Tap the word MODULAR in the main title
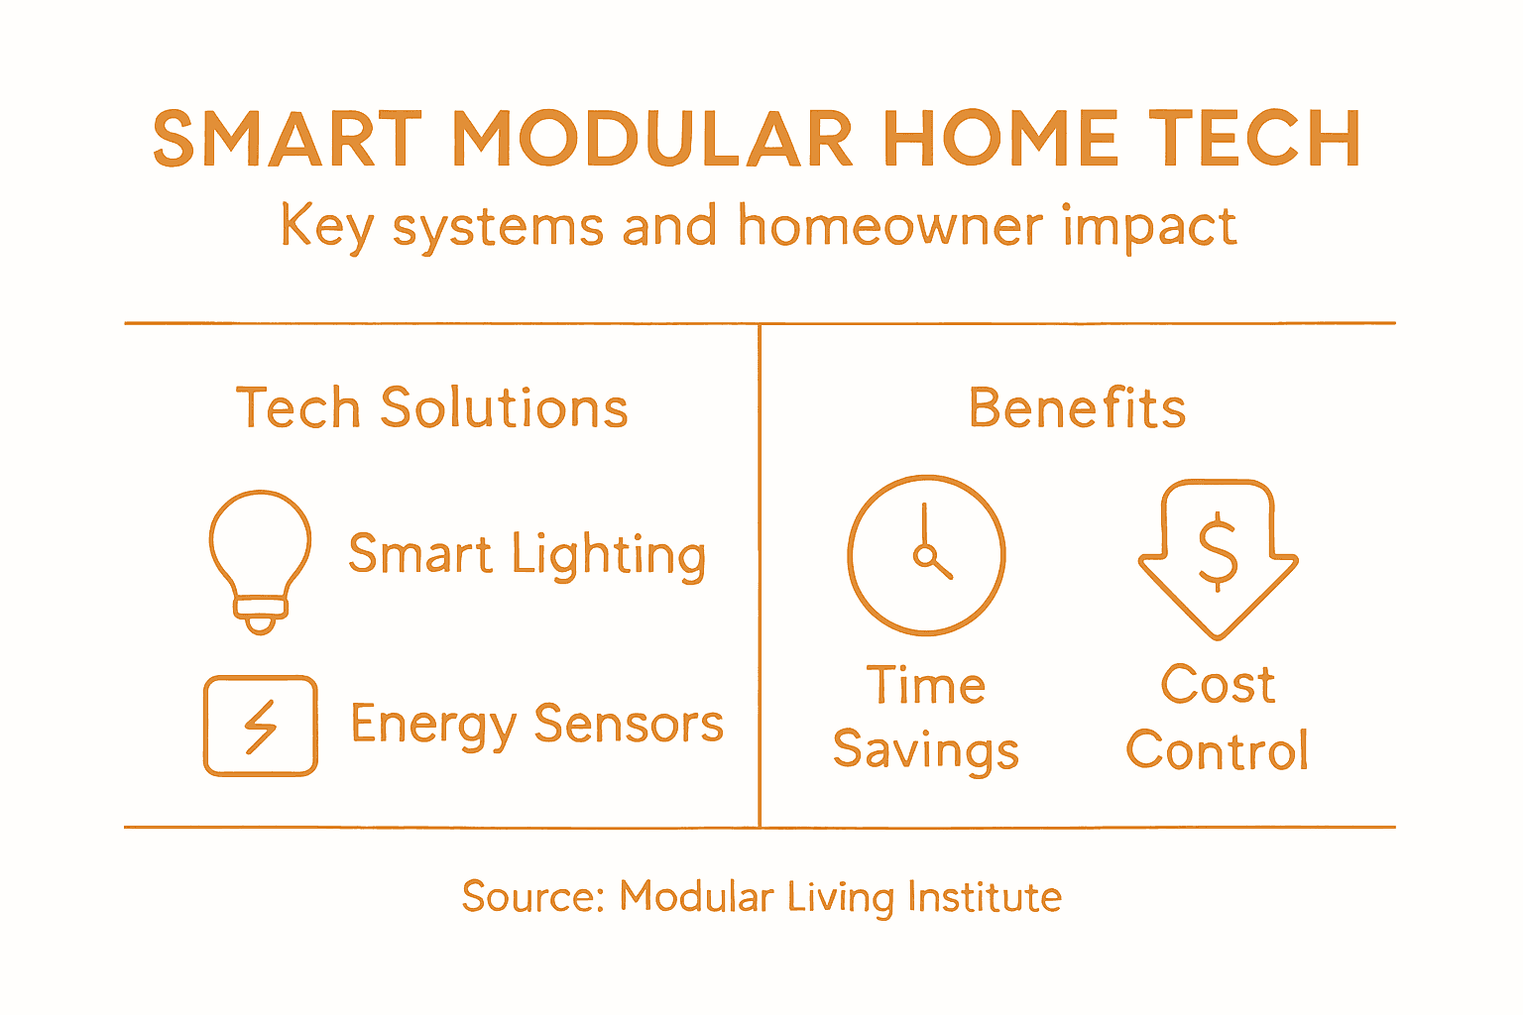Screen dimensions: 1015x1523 652,139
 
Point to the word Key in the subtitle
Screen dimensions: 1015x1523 326,228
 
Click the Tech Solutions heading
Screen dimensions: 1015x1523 431,408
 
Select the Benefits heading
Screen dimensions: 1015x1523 1077,408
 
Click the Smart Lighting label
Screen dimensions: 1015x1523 527,555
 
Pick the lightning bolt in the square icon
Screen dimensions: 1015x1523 261,727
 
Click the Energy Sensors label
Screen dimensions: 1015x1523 536,725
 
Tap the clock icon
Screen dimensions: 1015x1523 926,555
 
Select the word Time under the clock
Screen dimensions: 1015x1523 926,685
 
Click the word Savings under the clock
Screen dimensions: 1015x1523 926,750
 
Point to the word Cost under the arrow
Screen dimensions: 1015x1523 1218,685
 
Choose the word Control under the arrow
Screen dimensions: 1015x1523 1218,750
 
